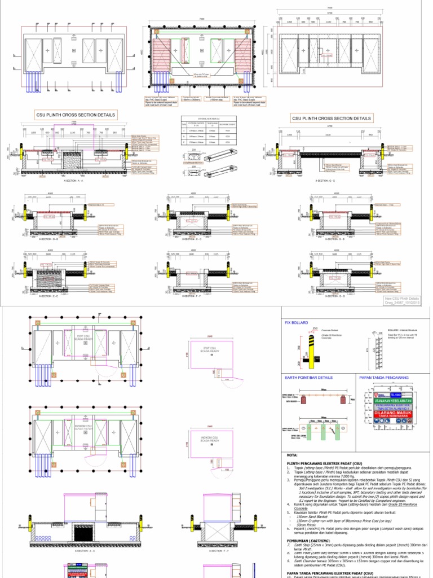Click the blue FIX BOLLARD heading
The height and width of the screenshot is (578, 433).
[297, 322]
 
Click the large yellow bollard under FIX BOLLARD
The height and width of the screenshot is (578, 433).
[311, 350]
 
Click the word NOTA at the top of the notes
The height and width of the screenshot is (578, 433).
[292, 454]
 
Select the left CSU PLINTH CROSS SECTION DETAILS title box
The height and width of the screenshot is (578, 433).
[76, 115]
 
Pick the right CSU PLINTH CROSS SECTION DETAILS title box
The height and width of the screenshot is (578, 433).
[332, 119]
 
